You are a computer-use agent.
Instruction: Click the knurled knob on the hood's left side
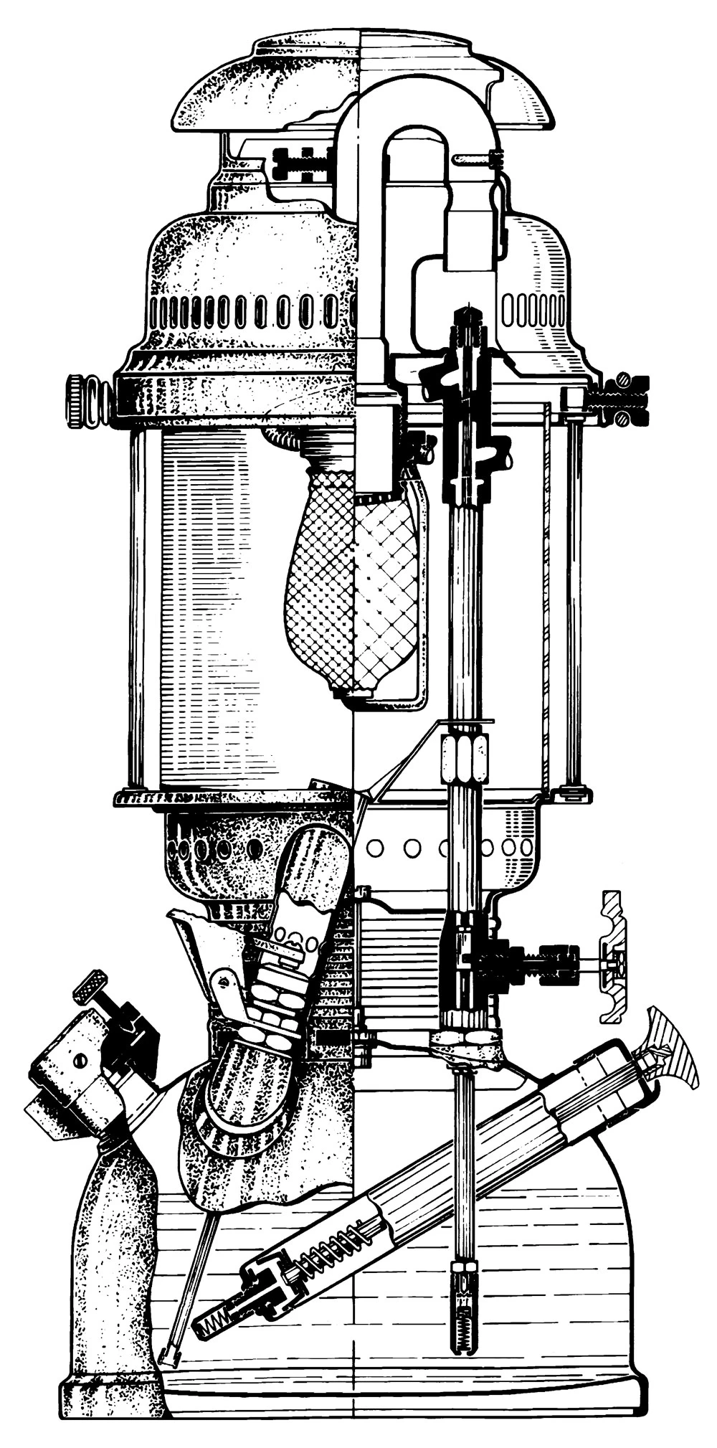tap(77, 399)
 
